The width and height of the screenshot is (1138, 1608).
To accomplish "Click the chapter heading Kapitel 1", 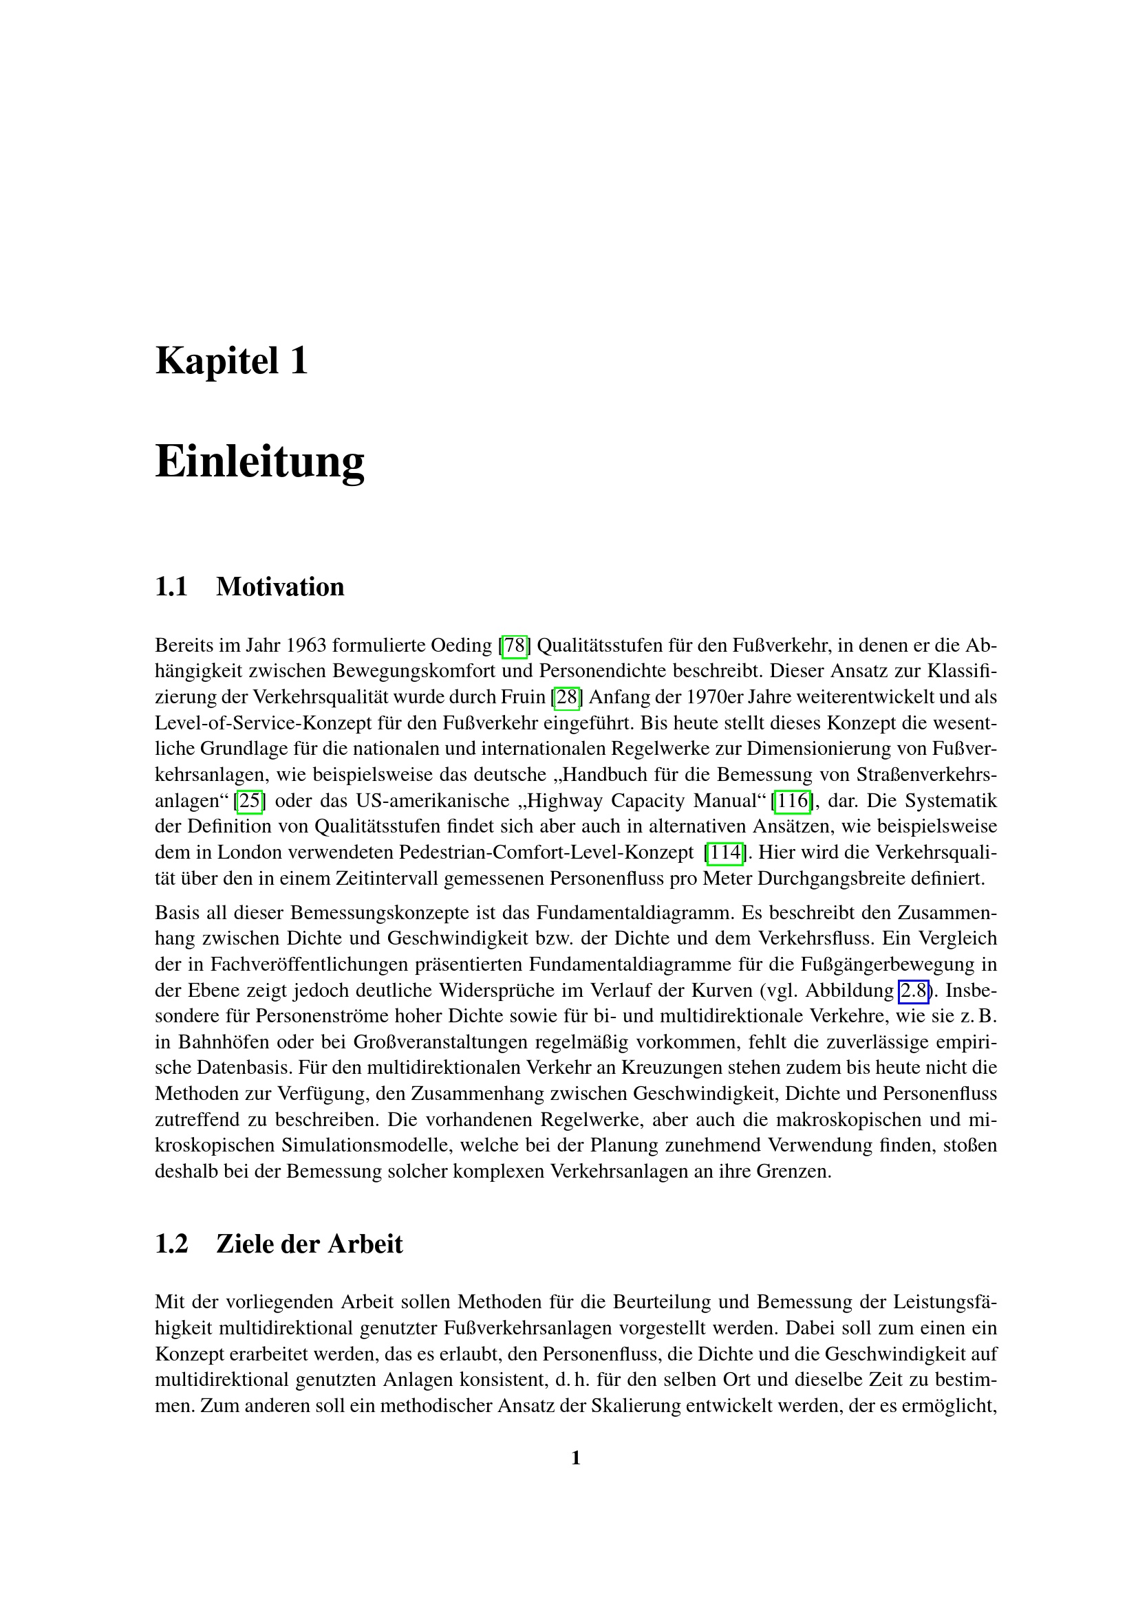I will [x=231, y=362].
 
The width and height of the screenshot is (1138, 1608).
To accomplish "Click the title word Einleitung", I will [x=259, y=461].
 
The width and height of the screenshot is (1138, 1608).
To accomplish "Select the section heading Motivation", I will [x=279, y=587].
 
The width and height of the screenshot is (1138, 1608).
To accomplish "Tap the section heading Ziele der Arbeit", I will [x=309, y=1244].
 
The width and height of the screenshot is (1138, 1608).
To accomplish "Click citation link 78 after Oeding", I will [x=515, y=646].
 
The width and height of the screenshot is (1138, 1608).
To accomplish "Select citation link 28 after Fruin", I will [x=567, y=698].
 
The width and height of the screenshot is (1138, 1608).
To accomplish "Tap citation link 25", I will [x=250, y=801].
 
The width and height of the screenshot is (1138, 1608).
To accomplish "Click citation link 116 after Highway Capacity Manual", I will [x=792, y=801].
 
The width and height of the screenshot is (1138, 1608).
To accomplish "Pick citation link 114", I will [x=724, y=853].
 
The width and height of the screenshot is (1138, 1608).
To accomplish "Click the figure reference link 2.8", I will [x=913, y=991].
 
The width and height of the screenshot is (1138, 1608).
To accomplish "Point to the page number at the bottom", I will [x=576, y=1458].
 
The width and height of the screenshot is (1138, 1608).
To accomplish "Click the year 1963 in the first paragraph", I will [x=306, y=646].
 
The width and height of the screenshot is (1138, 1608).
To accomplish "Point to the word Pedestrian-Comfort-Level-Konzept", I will [x=546, y=853].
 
